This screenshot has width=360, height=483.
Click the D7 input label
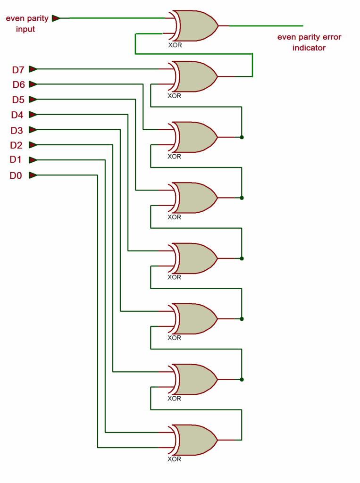coord(17,70)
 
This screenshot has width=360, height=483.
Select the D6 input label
coord(17,85)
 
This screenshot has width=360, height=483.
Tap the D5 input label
coord(17,100)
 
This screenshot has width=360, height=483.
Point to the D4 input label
coord(17,115)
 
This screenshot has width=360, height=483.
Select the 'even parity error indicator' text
coord(309,42)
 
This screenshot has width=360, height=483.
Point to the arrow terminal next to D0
coord(33,175)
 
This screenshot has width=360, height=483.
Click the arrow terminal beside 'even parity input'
coord(56,18)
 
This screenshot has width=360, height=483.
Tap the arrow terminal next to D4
coord(33,115)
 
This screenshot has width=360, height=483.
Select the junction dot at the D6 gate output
coord(242,137)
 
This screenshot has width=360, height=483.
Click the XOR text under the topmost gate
coord(175,46)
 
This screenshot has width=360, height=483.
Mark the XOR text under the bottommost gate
coord(175,459)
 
